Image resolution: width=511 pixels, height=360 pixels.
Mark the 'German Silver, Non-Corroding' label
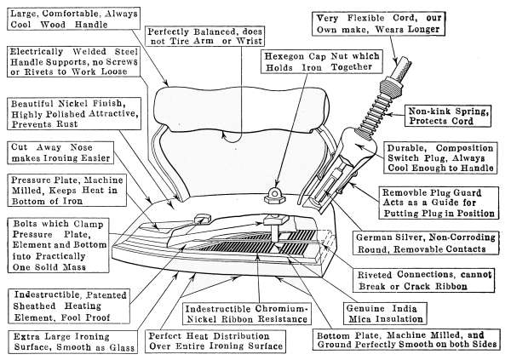[x=433, y=244]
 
